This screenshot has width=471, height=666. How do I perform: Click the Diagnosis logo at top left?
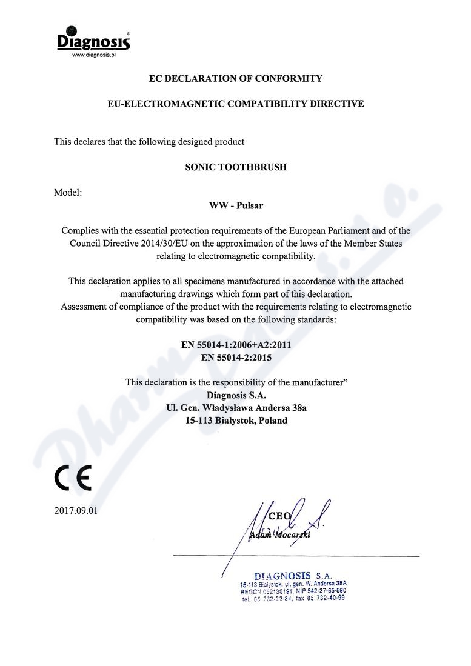[x=93, y=40]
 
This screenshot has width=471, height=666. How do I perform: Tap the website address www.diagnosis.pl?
[x=93, y=55]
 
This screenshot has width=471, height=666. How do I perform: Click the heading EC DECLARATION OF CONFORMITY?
[x=235, y=78]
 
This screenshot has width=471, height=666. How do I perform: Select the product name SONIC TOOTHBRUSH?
[x=235, y=167]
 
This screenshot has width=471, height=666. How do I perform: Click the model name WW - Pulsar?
[x=236, y=205]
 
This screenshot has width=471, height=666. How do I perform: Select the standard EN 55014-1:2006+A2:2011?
[x=236, y=345]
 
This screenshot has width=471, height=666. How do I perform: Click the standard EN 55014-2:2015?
[x=236, y=358]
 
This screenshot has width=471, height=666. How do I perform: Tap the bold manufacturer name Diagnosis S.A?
[x=236, y=395]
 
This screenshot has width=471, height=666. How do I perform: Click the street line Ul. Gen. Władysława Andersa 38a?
[x=236, y=408]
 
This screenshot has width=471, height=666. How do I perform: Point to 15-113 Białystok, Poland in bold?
[x=236, y=421]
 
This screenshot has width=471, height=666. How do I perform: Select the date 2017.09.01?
[x=76, y=511]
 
